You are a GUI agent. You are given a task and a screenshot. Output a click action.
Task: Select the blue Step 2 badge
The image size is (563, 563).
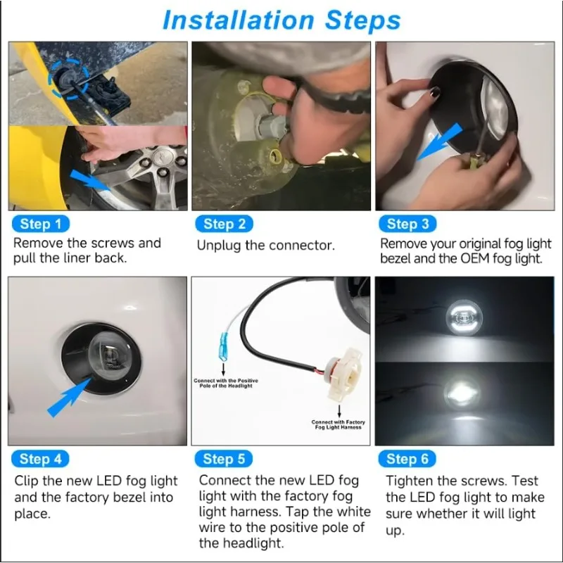[x=224, y=224]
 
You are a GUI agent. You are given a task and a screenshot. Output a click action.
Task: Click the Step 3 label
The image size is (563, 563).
[x=407, y=224]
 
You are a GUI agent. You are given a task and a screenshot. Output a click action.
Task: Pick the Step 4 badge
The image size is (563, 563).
[x=41, y=460]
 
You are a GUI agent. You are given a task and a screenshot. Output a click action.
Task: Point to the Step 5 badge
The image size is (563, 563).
[x=224, y=460]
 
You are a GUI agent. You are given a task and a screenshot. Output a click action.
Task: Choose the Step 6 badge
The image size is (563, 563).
[x=407, y=460]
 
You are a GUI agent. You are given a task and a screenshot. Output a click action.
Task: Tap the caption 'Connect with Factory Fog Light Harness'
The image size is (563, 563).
[x=337, y=425]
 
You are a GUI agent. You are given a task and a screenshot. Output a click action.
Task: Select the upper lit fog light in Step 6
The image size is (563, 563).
[x=464, y=317]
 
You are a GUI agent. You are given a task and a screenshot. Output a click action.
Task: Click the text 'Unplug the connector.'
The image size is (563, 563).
[x=265, y=246]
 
